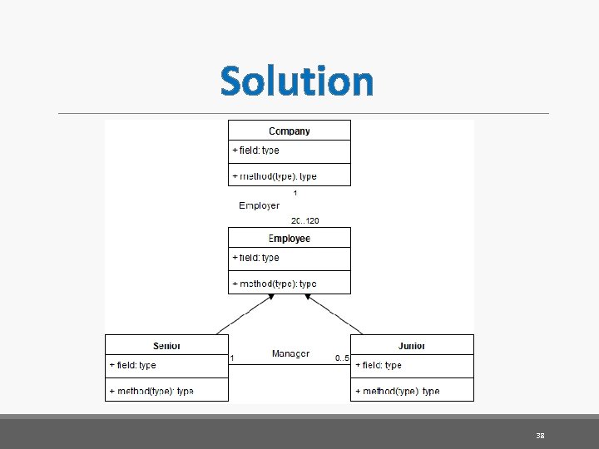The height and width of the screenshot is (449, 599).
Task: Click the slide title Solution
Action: pyautogui.click(x=297, y=81)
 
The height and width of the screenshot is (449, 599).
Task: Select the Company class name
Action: pyautogui.click(x=290, y=131)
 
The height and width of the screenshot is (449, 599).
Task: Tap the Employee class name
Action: pyautogui.click(x=290, y=239)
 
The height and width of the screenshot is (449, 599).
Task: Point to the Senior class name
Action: pyautogui.click(x=166, y=346)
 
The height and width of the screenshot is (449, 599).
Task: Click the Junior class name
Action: pyautogui.click(x=412, y=346)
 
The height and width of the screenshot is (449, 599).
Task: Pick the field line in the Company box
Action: pyautogui.click(x=256, y=150)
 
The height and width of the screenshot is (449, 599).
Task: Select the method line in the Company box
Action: pyautogui.click(x=275, y=176)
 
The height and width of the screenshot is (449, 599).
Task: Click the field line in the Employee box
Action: pyautogui.click(x=256, y=258)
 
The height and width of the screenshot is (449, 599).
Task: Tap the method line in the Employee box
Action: pyautogui.click(x=275, y=284)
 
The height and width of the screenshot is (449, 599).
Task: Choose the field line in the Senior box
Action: pyautogui.click(x=133, y=365)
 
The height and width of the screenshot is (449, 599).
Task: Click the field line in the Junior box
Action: pyautogui.click(x=379, y=365)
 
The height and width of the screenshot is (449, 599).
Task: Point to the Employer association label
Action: pyautogui.click(x=260, y=205)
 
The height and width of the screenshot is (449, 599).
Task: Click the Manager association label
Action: pyautogui.click(x=290, y=354)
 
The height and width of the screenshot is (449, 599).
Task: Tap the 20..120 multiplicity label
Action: pyautogui.click(x=305, y=221)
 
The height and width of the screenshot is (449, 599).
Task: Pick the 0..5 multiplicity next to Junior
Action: pyautogui.click(x=342, y=358)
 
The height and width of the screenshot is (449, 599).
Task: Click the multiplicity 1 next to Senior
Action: pyautogui.click(x=232, y=358)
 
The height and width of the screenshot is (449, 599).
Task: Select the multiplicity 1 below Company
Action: pyautogui.click(x=295, y=193)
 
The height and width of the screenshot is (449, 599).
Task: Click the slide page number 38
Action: pyautogui.click(x=540, y=436)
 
